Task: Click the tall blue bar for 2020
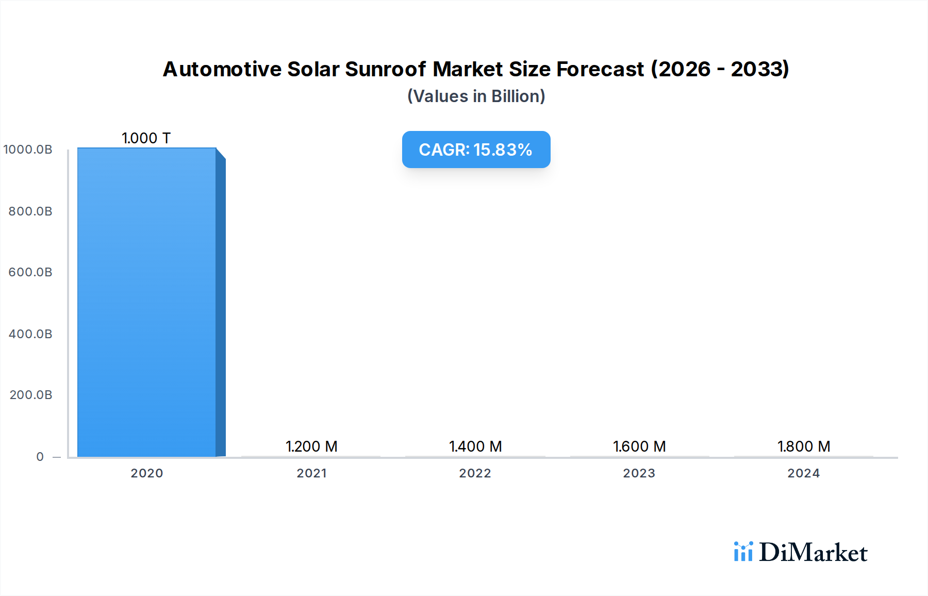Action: point(147,302)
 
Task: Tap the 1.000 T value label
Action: point(146,138)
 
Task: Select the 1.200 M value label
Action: point(311,446)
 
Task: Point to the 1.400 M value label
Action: point(475,446)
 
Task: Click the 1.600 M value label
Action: point(639,446)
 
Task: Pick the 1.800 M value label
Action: point(804,446)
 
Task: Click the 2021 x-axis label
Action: point(311,473)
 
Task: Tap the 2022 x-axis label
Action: point(475,473)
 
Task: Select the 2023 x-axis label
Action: point(639,473)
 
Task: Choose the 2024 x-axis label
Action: point(804,473)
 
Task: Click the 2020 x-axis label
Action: point(147,473)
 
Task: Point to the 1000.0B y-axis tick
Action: point(28,150)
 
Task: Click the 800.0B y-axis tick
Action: point(30,211)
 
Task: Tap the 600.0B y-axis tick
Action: point(30,272)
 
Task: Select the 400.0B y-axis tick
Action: point(30,334)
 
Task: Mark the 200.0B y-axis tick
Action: point(31,395)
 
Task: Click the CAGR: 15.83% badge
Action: point(476,150)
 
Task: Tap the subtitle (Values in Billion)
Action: point(476,96)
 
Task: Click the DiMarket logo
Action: point(801,552)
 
